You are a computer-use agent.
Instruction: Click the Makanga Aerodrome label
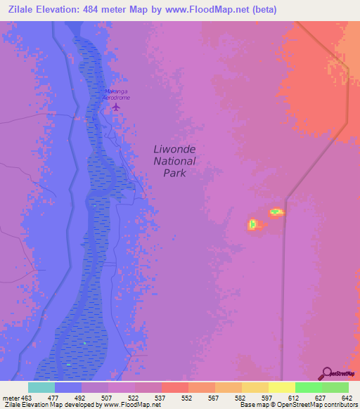(117, 94)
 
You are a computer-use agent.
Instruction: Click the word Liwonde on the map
(174, 149)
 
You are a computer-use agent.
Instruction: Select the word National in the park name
(174, 161)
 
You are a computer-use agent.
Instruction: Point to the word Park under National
(174, 173)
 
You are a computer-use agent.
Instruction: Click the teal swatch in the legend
(41, 387)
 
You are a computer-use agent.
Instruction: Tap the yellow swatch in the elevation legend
(281, 387)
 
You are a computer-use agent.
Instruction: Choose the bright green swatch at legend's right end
(335, 387)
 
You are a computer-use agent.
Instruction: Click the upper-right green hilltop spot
(276, 212)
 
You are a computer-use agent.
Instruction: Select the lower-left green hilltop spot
(252, 225)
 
